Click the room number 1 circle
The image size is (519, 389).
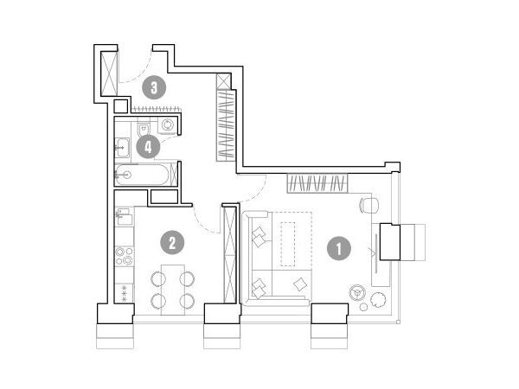pos(339,248)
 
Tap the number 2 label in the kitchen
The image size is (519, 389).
pos(172,242)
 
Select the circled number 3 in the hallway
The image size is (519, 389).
pos(154,87)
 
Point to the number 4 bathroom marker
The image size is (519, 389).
pos(148,147)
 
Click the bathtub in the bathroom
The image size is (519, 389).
pos(143,175)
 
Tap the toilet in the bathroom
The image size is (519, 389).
pos(143,130)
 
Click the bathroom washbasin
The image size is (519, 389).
pos(122,147)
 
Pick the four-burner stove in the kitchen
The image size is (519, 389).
pos(124,255)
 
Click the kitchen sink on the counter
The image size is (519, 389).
pos(125,217)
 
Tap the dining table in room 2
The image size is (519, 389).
pos(172,290)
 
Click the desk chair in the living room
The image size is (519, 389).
pos(369,206)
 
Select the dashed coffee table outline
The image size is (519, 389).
pos(288,244)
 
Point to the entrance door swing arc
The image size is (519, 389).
pos(140,74)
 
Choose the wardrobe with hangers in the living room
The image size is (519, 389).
pos(317,183)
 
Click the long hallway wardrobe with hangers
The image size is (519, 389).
pos(226,125)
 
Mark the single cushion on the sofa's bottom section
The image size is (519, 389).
pos(300,284)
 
